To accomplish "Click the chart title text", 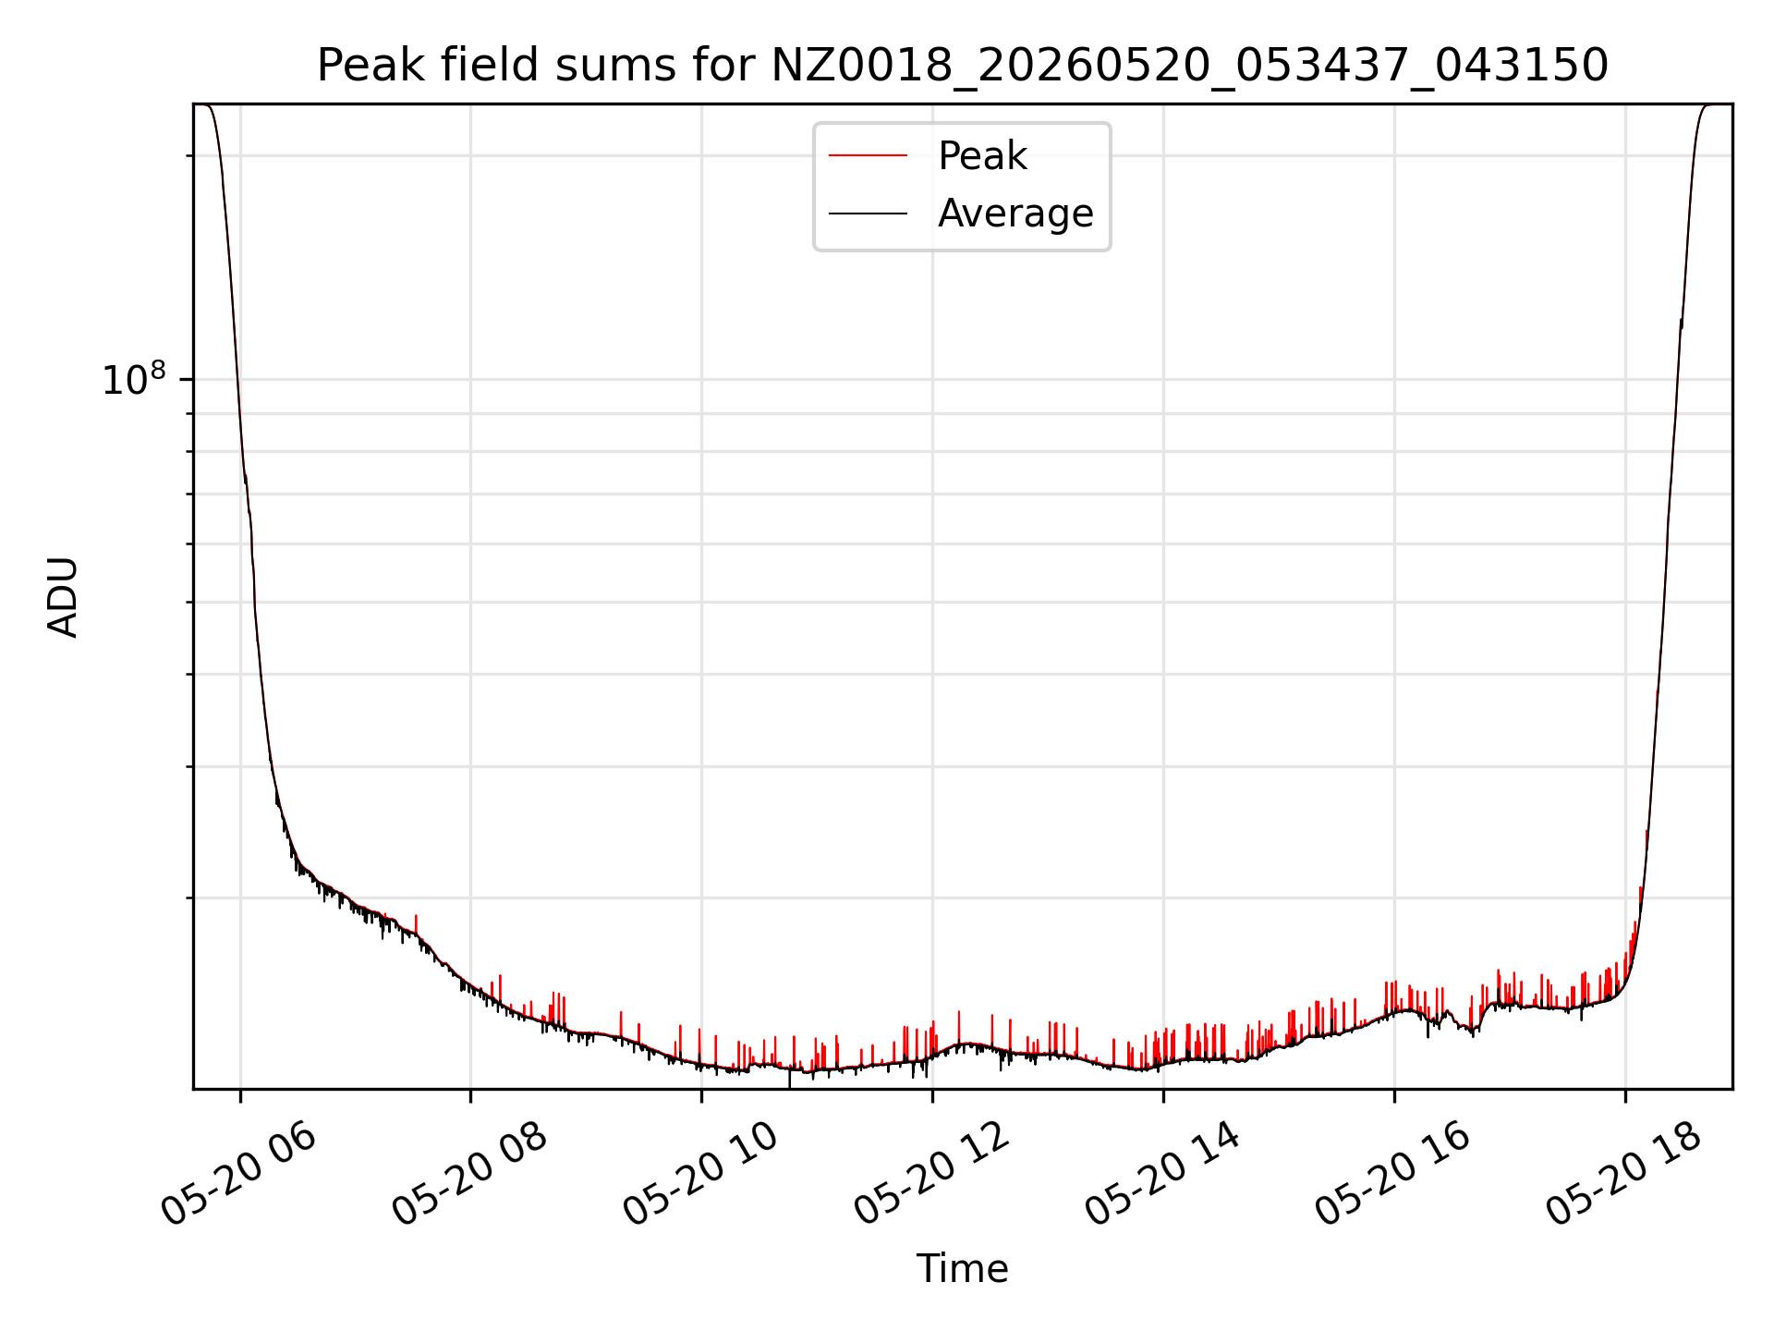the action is tap(962, 66).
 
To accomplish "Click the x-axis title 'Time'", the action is tap(962, 1269).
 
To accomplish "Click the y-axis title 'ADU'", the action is tap(63, 597).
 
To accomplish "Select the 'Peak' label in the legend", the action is tap(982, 156).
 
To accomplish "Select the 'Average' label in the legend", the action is tap(1015, 214).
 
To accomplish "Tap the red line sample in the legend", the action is tap(868, 156).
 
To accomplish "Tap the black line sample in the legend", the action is tap(868, 214).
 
